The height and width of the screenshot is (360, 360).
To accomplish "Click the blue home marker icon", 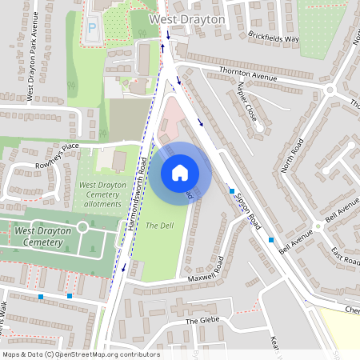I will click(x=180, y=172).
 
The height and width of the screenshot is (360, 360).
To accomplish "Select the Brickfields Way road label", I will click(x=273, y=38).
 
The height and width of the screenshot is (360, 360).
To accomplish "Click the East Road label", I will click(x=345, y=256).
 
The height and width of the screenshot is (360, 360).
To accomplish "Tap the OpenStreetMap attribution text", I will click(x=81, y=354).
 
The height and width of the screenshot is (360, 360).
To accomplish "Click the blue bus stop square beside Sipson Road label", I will click(x=232, y=191).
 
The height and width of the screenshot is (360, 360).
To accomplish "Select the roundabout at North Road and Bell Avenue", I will click(x=318, y=225).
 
